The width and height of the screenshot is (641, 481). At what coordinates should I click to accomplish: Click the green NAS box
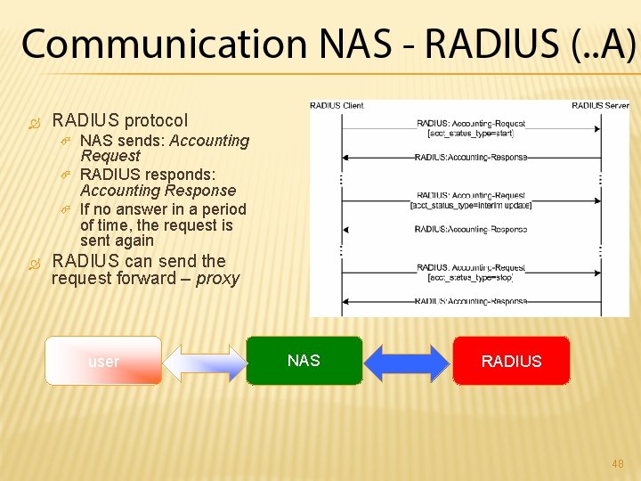point(304,360)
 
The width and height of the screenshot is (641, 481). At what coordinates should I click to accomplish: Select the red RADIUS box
point(511,360)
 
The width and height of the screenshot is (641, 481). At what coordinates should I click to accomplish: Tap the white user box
point(103,361)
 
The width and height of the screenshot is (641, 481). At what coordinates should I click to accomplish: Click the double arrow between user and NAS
point(204,362)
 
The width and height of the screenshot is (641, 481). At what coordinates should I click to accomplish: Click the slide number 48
point(617,463)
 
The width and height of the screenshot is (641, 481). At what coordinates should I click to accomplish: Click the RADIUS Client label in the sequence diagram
point(337,105)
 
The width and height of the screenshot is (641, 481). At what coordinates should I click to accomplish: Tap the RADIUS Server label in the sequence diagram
point(600,105)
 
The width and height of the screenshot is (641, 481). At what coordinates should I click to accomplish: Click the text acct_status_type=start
point(470,134)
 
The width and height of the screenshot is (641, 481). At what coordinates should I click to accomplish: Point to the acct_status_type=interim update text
point(470,206)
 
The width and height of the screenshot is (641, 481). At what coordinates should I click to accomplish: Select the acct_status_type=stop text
point(470,277)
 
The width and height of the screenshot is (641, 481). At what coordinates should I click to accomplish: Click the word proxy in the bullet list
point(218,279)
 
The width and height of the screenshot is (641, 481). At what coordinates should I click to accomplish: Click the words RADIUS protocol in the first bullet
point(120,120)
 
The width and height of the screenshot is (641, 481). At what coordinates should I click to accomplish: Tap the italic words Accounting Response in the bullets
point(158,191)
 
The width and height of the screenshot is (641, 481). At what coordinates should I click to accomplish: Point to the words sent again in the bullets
point(117,240)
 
